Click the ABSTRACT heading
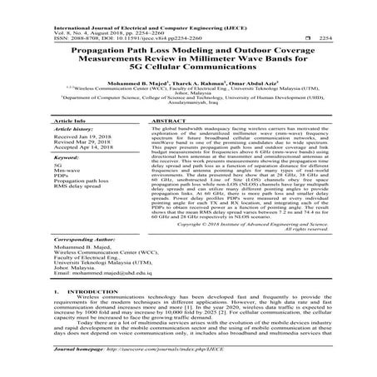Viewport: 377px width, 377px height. coord(170,122)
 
